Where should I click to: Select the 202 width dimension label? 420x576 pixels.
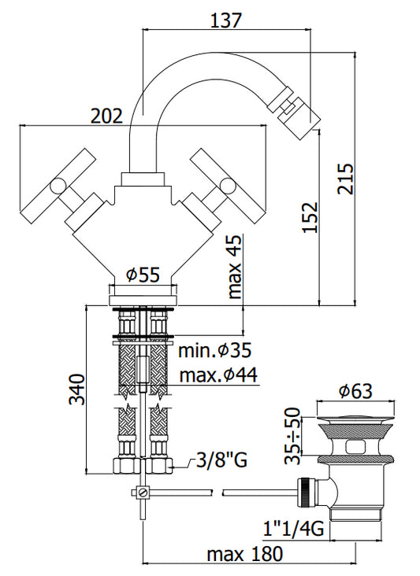pos(106,116)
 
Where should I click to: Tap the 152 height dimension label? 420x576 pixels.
pos(310,217)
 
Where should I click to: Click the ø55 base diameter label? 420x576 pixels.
pos(143,275)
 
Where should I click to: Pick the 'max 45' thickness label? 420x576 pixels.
pos(236,266)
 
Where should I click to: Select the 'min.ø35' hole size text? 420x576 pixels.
pos(215,350)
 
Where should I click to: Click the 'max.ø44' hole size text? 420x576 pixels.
pos(218,375)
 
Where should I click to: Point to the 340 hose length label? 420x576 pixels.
pos(77,390)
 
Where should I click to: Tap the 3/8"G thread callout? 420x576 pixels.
pos(221,460)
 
